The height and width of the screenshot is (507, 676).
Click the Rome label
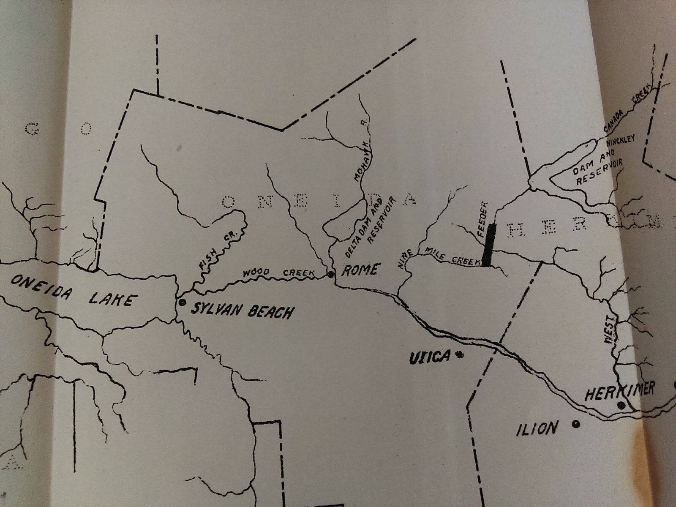[x=359, y=270]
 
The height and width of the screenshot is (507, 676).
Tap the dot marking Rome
[x=331, y=275]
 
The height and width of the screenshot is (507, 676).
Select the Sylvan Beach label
[x=242, y=311]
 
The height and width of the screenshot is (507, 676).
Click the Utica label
[x=429, y=357]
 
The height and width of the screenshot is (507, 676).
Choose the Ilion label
[x=537, y=429]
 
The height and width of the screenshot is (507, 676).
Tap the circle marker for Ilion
[x=575, y=424]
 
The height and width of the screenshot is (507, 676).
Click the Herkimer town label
[x=619, y=391]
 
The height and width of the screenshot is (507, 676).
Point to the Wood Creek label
[x=278, y=272]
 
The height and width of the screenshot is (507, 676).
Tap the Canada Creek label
[x=629, y=112]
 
